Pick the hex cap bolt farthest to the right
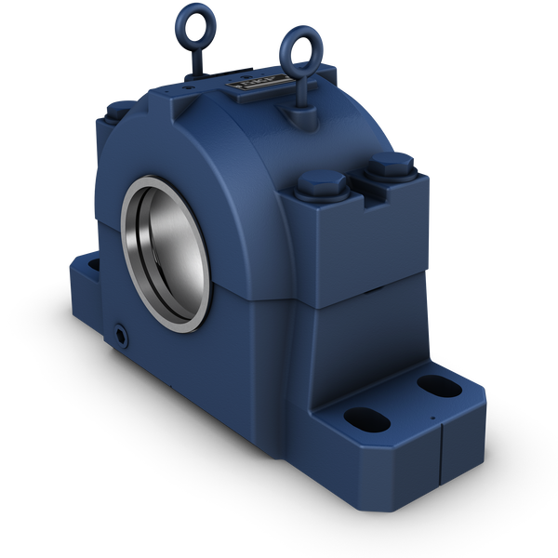tap(389, 168)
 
